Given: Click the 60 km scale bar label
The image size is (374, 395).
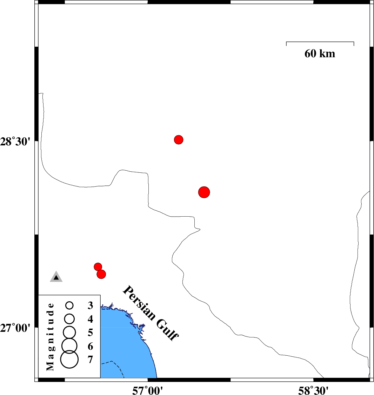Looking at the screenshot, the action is click(320, 54).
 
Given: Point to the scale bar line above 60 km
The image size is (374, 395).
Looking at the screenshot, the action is click(320, 42).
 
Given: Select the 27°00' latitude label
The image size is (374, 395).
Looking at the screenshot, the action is click(15, 328).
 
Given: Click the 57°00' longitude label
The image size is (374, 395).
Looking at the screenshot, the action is click(147, 390).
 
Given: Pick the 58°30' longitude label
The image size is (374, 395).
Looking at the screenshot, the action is click(313, 390).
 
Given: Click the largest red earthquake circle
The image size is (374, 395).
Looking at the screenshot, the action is click(204, 192).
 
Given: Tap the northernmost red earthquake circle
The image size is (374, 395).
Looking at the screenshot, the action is click(179, 139).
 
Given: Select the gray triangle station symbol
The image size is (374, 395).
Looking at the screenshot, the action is click(56, 277).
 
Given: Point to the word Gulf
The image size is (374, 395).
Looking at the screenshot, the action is click(167, 330).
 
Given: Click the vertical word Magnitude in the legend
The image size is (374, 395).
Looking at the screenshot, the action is click(50, 337).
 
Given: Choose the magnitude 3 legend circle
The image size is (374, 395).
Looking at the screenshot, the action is click(69, 305).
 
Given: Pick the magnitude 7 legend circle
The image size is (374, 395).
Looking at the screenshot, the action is click(69, 359).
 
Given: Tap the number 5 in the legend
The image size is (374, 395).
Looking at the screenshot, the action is click(91, 333).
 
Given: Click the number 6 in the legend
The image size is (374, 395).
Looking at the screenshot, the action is click(91, 347).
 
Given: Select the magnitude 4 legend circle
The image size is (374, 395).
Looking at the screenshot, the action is click(69, 319).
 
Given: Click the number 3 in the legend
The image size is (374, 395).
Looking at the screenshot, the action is click(91, 305).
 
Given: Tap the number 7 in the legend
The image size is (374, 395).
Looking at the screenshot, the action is click(91, 360).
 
